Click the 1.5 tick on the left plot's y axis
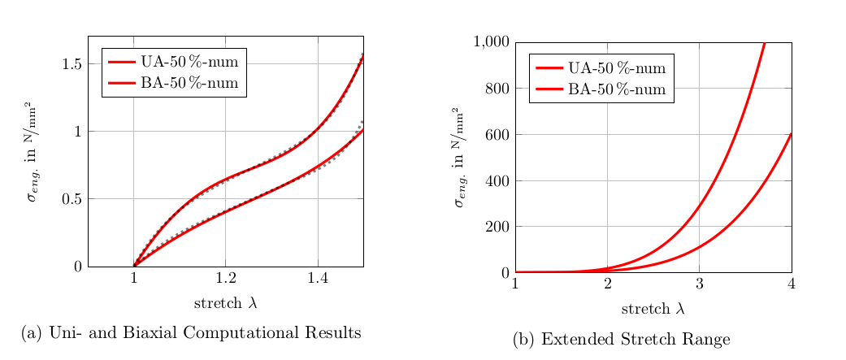[71, 64]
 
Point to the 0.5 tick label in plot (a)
[71, 199]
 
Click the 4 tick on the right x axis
[791, 283]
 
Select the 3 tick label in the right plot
[699, 283]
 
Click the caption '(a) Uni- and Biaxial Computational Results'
[191, 333]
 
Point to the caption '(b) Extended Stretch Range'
[621, 340]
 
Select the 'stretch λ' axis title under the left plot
[225, 303]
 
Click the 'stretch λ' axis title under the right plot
[653, 309]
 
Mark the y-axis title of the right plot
[461, 157]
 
